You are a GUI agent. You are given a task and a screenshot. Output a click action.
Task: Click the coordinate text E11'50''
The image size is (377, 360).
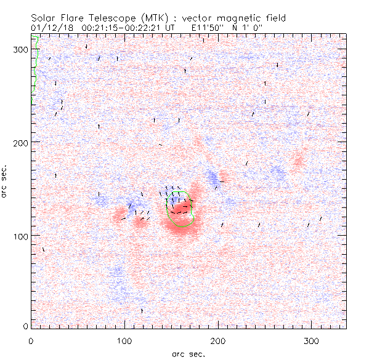coord(194,28)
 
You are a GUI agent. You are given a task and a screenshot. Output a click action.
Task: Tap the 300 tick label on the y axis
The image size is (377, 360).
coord(21,49)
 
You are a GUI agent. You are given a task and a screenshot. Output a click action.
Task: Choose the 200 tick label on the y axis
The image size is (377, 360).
coord(21,142)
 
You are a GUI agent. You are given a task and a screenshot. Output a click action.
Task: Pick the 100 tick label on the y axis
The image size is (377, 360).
coord(21,235)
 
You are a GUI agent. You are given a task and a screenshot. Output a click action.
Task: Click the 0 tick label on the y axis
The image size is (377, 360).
coord(25,326)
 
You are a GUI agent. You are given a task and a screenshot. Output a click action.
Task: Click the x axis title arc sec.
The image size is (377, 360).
coord(188,354)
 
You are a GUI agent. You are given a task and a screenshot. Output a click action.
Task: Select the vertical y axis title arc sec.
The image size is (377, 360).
coord(7,181)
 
